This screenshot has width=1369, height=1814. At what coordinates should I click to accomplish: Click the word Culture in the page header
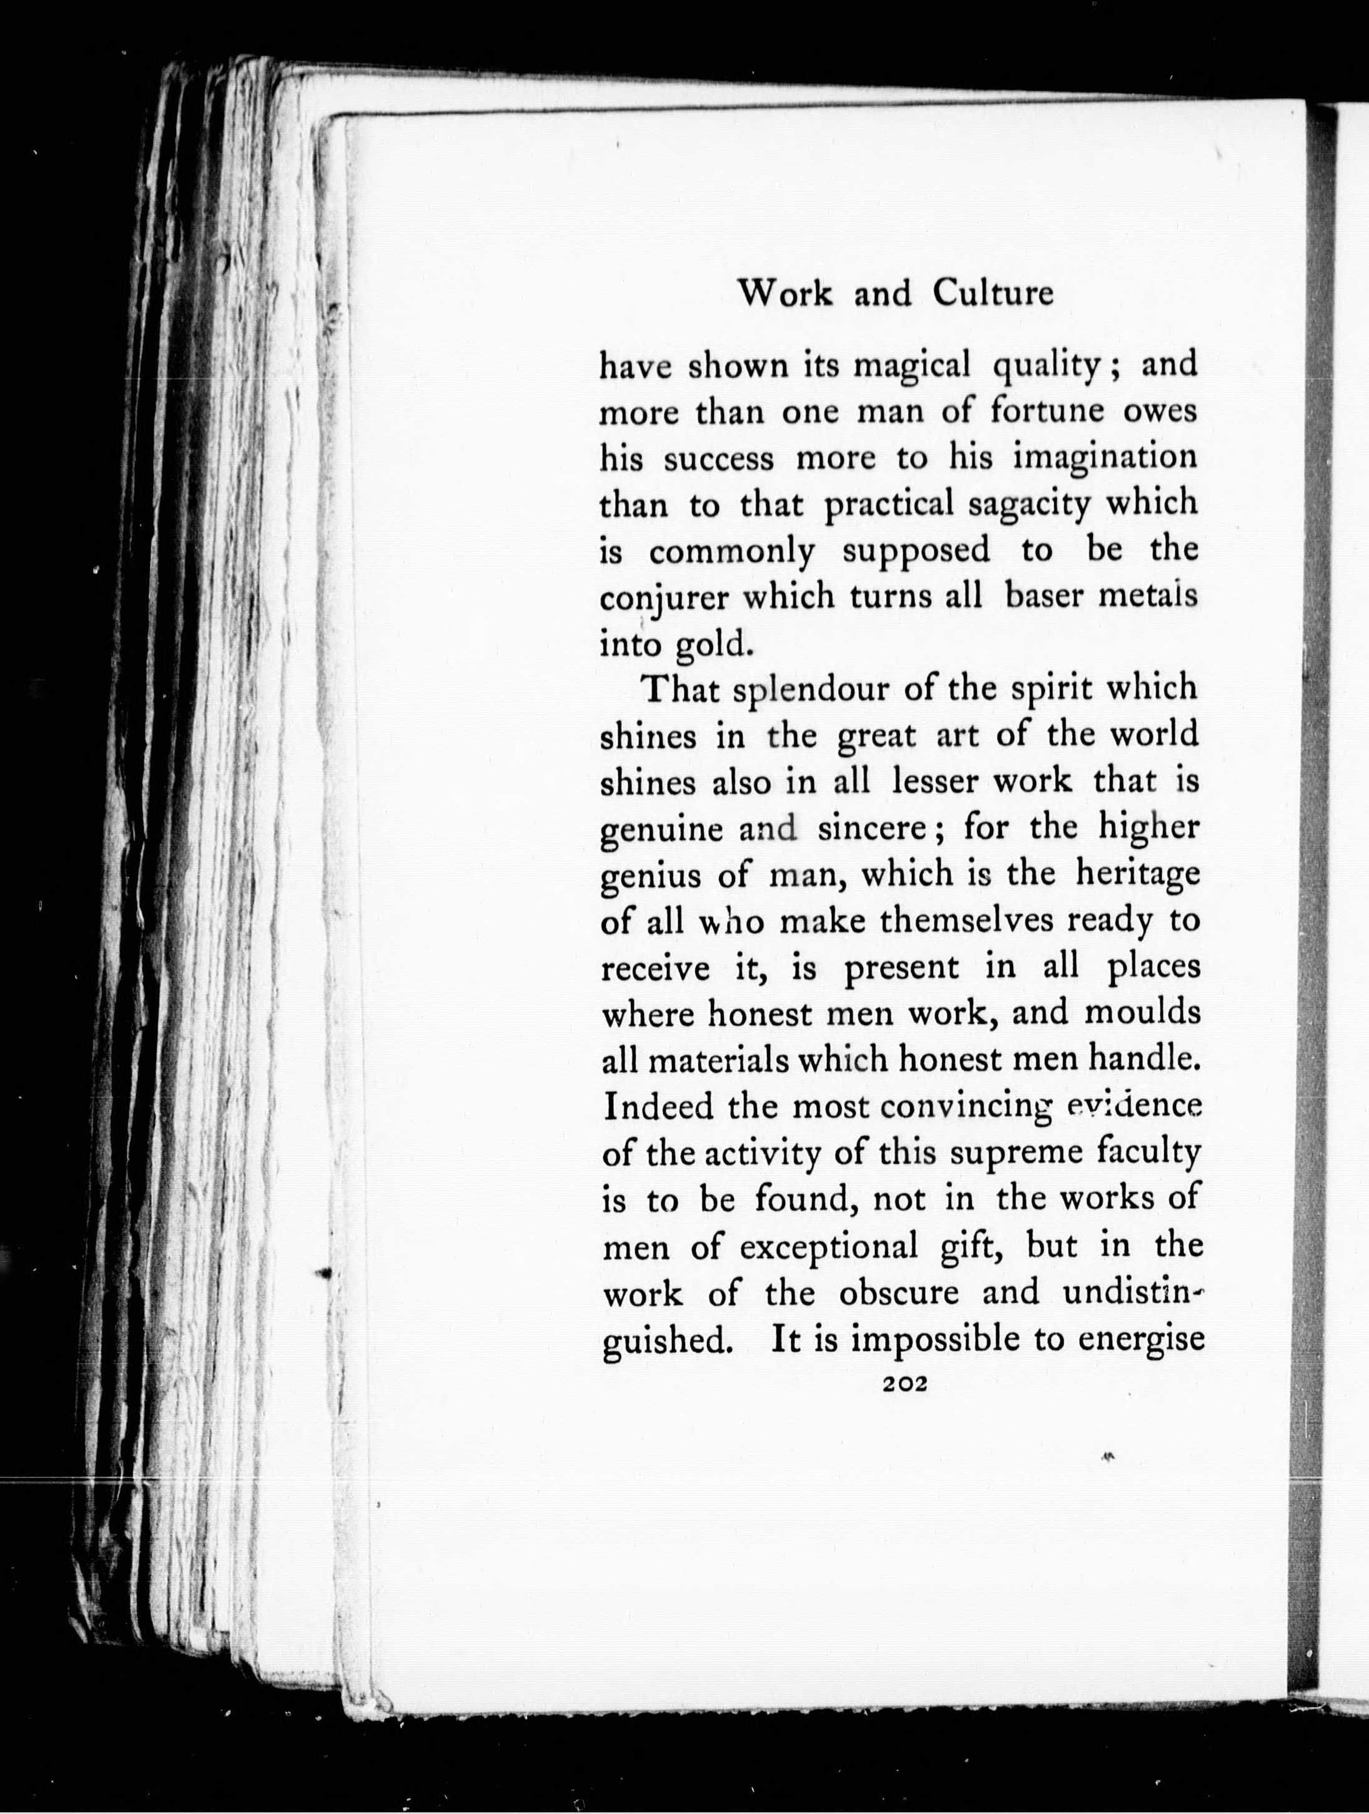[x=992, y=293]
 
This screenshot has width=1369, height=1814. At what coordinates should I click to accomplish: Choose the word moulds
[x=1142, y=1014]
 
